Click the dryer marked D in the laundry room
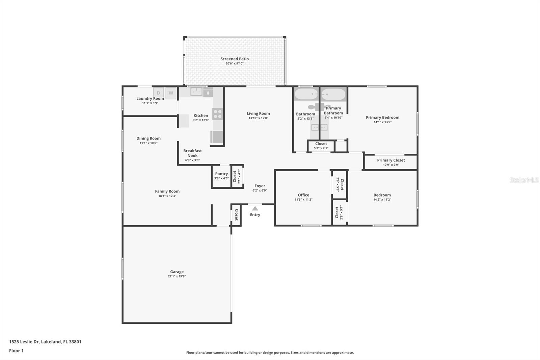point(159,93)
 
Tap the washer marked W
point(171,93)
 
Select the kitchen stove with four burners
point(218,114)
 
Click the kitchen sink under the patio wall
point(196,92)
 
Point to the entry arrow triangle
point(255,209)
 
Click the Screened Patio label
point(235,59)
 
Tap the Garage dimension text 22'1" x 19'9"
point(177,276)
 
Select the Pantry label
point(221,174)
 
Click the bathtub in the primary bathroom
point(333,94)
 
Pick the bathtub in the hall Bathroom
point(306,94)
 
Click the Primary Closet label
point(391,160)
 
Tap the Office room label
point(303,195)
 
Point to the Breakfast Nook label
point(192,153)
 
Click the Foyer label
point(260,186)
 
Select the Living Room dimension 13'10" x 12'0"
point(258,118)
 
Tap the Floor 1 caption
point(16,351)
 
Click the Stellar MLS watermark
point(524,180)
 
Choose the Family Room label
point(167,191)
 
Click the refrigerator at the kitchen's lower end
point(217,137)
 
